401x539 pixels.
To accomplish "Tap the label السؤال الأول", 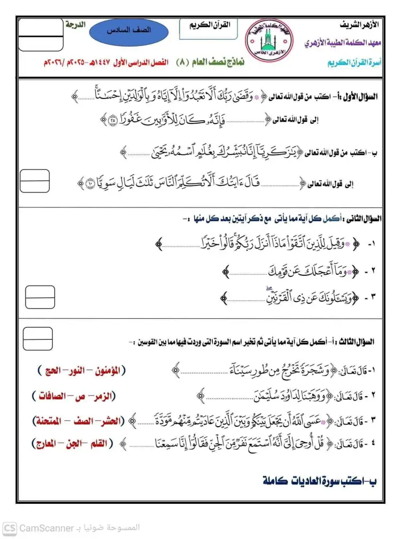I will pyautogui.click(x=362, y=97).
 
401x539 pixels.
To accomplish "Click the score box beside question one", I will pyautogui.click(x=35, y=181).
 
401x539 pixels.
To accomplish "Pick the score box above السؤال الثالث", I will pyautogui.click(x=38, y=338).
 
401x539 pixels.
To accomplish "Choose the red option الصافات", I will pyautogui.click(x=50, y=396).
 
